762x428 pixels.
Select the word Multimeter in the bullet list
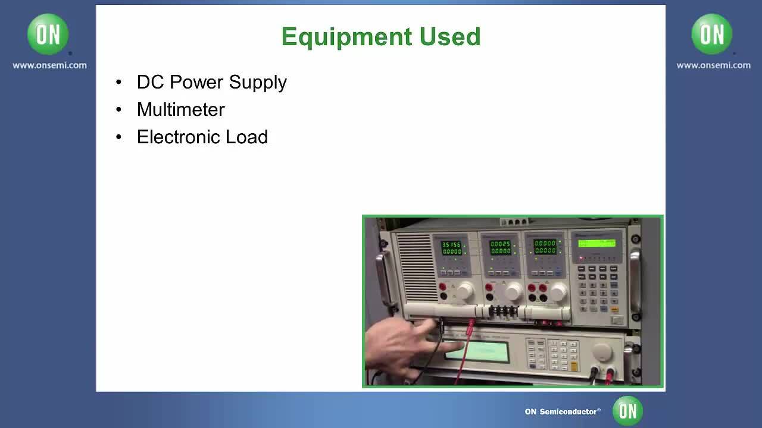coord(180,109)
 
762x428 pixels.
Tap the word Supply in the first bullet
coord(258,82)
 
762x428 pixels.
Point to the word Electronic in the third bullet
coord(178,137)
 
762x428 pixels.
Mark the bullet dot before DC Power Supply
coord(119,82)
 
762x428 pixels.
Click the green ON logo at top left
coord(48,34)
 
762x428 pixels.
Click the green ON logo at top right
coord(712,34)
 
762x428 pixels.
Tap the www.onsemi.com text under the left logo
coord(49,65)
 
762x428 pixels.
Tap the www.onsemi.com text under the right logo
coord(713,65)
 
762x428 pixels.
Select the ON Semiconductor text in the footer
coord(562,411)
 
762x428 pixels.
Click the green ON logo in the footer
coord(627,411)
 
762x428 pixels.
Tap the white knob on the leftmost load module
coord(464,291)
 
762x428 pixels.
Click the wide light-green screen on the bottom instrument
coord(476,352)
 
